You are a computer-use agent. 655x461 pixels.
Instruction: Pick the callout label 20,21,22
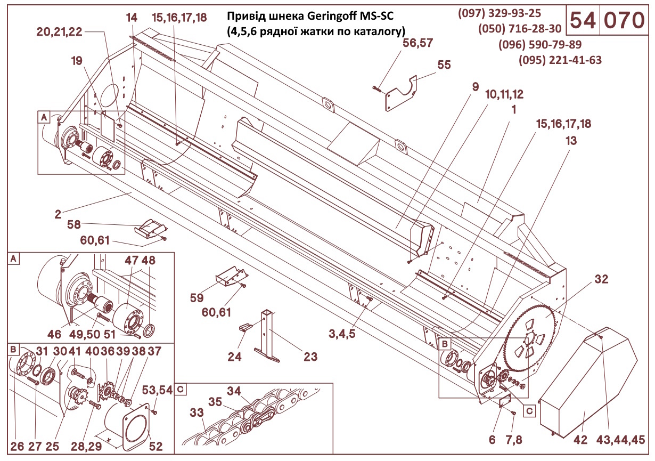pyautogui.click(x=59, y=31)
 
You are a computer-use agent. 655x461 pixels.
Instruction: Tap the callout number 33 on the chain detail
pyautogui.click(x=196, y=413)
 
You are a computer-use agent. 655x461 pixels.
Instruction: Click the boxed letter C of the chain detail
pyautogui.click(x=181, y=389)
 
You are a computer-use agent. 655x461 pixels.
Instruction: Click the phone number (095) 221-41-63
pyautogui.click(x=560, y=60)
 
